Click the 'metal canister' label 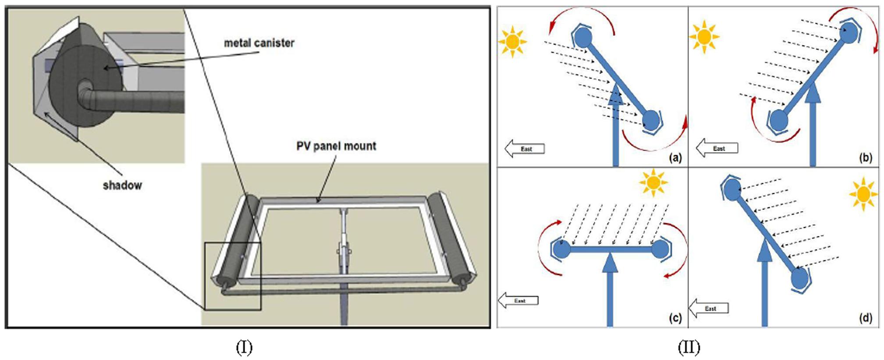pos(259,43)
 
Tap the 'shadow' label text pos(122,185)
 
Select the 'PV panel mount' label pos(336,146)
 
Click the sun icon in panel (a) pos(512,42)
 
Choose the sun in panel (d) pos(863,194)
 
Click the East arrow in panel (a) pos(525,149)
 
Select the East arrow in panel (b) pos(717,148)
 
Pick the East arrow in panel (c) pos(518,301)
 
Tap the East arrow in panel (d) pos(709,308)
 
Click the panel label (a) pos(675,157)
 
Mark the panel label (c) pos(675,318)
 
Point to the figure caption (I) pos(244,348)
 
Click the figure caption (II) pos(689,348)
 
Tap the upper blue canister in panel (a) pos(583,38)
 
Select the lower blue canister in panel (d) pos(799,278)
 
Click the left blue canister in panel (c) pos(561,250)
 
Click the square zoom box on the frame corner pos(233,276)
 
